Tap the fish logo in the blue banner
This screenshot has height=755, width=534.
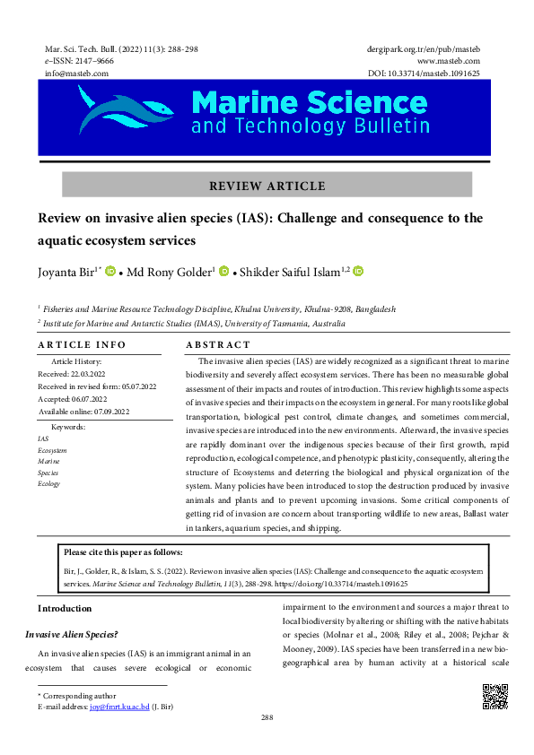(x=126, y=109)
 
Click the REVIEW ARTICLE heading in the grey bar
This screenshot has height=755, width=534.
(x=267, y=187)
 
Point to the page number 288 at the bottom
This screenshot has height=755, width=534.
(x=267, y=717)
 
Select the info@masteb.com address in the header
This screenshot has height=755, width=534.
(x=76, y=73)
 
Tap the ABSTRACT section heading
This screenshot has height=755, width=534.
(x=218, y=345)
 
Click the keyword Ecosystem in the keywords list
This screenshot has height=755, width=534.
(x=52, y=450)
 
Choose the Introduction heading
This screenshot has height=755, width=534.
(x=64, y=608)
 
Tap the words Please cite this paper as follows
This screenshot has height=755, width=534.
(x=123, y=551)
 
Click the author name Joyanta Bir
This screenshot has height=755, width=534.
(x=67, y=272)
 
